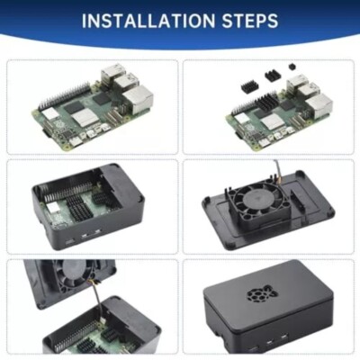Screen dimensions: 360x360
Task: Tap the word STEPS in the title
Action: pos(247,21)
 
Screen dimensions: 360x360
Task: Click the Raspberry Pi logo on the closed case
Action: pos(262,294)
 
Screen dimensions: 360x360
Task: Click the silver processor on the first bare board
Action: pos(82,115)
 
